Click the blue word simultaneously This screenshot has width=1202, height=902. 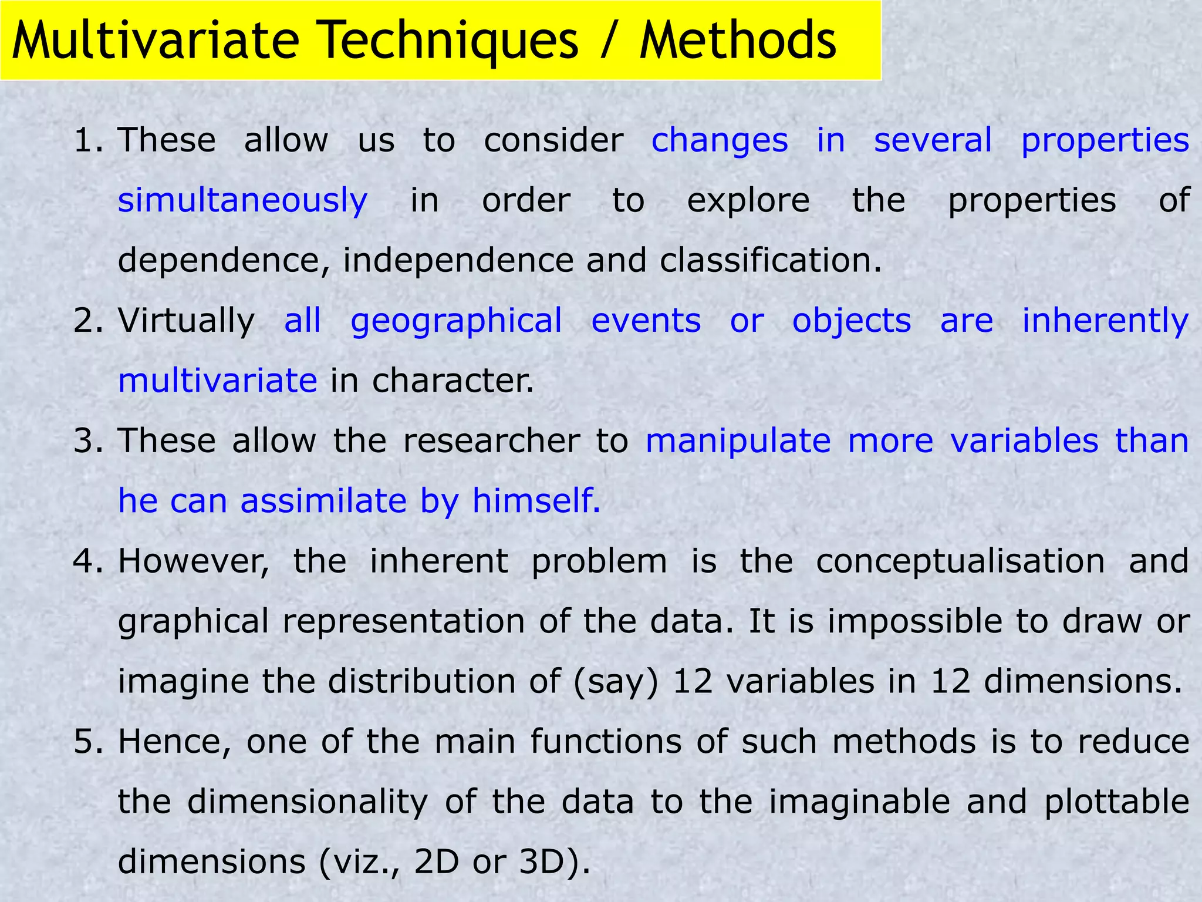pos(242,201)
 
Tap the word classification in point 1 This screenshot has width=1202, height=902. pos(771,261)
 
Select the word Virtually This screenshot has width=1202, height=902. pos(186,321)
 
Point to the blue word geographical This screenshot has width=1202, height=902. pos(456,321)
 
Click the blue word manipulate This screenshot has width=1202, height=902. pos(738,441)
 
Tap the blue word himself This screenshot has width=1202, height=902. pos(536,502)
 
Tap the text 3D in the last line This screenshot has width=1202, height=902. pos(548,862)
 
